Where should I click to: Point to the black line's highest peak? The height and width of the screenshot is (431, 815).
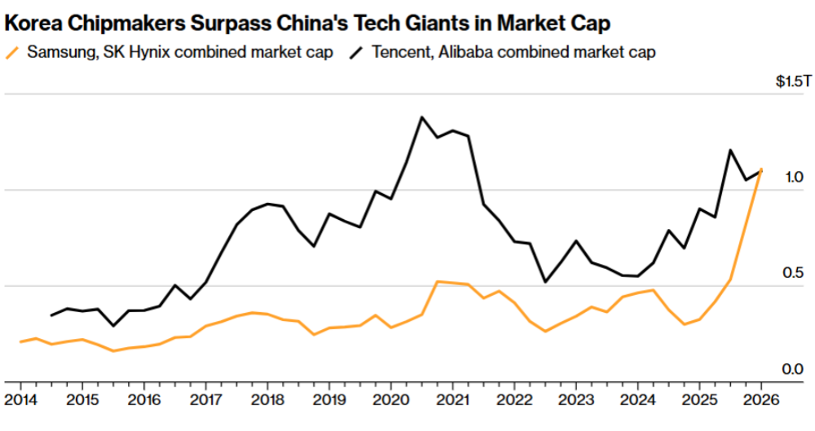point(421,117)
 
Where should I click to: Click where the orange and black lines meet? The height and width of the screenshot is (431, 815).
point(760,170)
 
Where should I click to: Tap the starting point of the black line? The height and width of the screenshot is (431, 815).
point(51,315)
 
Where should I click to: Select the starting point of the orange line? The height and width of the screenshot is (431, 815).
point(20,341)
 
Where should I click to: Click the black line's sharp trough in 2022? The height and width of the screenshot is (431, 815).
point(545,282)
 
